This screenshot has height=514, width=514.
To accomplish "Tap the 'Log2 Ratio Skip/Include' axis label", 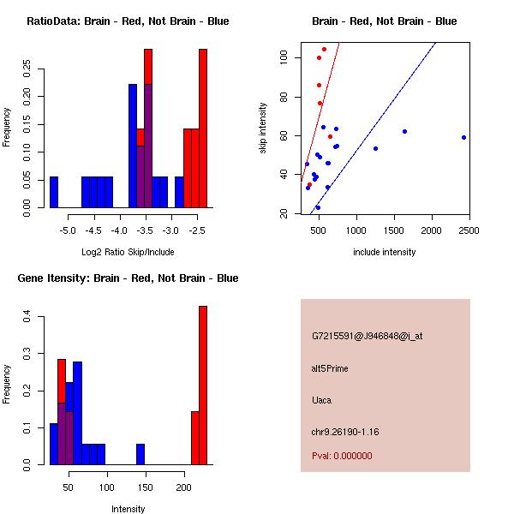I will (128, 252).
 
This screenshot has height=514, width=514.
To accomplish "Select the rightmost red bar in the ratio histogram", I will (203, 128).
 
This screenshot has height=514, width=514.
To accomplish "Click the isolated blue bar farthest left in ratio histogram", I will (54, 192).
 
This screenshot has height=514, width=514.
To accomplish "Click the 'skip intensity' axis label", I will (263, 128).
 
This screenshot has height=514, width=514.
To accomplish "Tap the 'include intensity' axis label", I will (384, 252).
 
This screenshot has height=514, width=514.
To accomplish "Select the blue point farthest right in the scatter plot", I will (463, 137).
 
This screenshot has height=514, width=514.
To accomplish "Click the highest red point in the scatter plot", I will (324, 49).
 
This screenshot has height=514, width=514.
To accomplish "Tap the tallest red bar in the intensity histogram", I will (203, 385).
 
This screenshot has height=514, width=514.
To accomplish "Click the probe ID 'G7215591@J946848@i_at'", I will (367, 336).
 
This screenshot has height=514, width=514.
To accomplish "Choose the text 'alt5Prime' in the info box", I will (330, 368).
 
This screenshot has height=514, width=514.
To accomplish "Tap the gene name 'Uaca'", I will (322, 400).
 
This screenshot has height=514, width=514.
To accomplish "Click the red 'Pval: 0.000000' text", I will (342, 456).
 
